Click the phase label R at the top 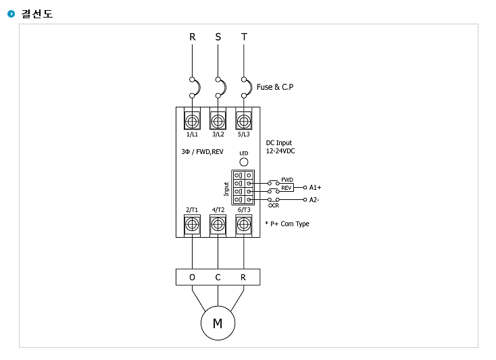point(193,37)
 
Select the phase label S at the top point(218,37)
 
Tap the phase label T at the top point(244,37)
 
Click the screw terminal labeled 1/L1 point(192,120)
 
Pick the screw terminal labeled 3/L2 point(218,120)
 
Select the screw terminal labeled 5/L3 point(243,120)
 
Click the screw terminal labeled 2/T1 point(192,225)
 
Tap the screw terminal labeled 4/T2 point(218,225)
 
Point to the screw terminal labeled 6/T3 point(243,225)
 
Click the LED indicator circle point(243,162)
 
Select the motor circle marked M point(218,323)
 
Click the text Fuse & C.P point(275,87)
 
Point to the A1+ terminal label point(315,187)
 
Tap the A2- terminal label point(314,200)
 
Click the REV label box point(287,188)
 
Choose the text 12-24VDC point(280,151)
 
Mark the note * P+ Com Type point(287,224)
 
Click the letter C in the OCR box point(218,277)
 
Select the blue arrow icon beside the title point(11,14)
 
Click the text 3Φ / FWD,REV point(203,152)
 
